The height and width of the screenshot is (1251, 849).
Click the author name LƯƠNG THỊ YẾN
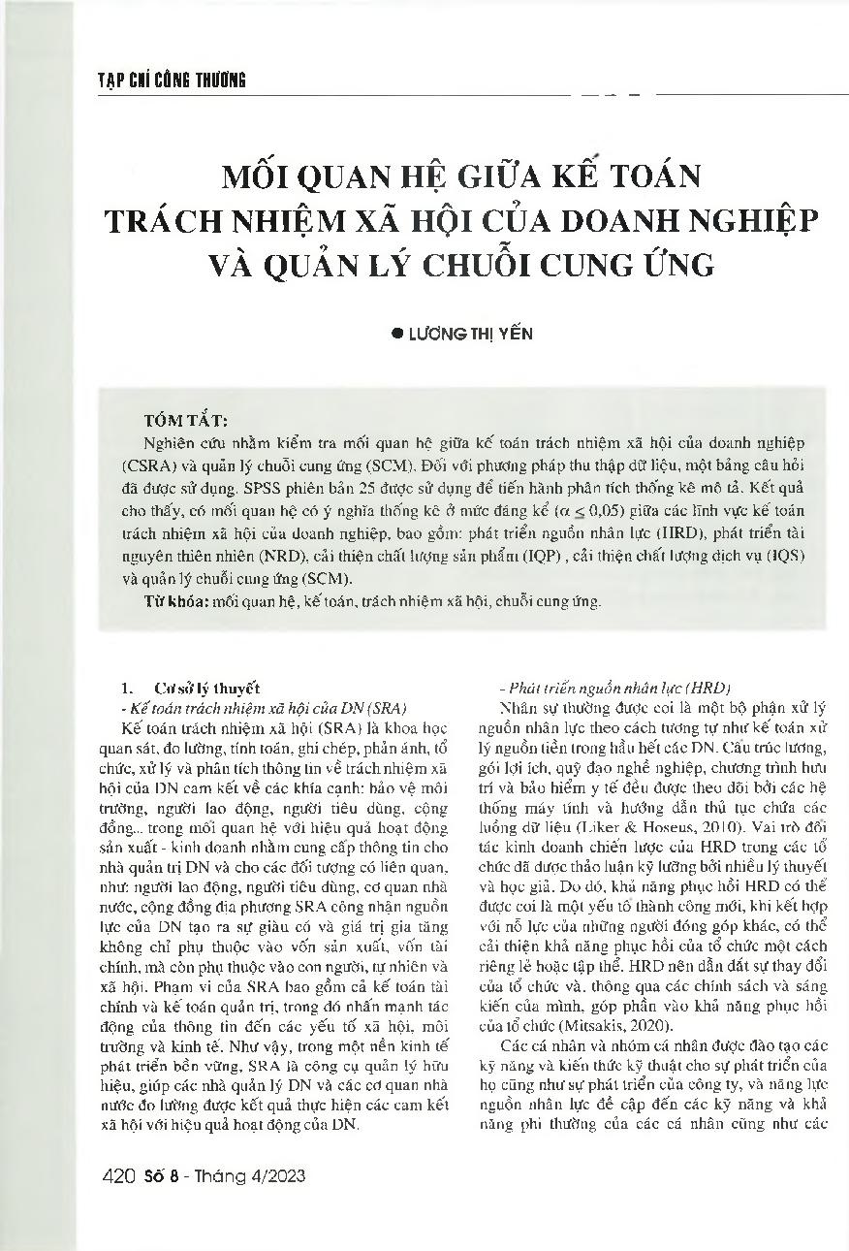pyautogui.click(x=469, y=333)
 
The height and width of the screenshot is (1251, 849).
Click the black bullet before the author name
pyautogui.click(x=395, y=333)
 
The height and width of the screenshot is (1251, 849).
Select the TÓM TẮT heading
pyautogui.click(x=185, y=421)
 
